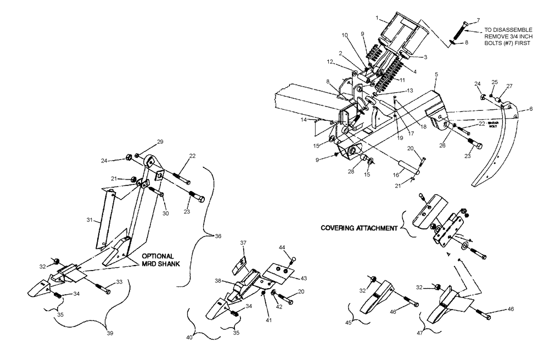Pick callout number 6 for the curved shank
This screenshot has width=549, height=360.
530,109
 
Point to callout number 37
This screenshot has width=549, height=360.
243,243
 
